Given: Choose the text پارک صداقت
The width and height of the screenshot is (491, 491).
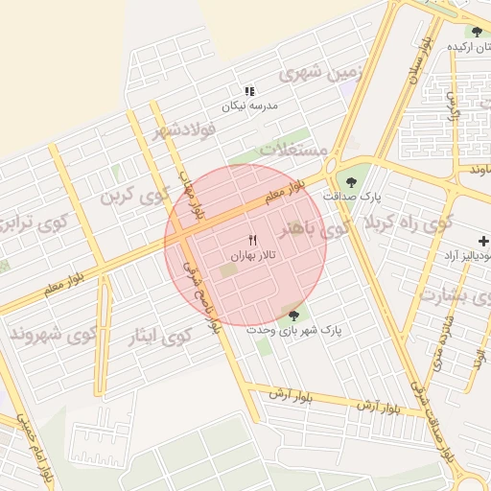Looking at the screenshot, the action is [352, 196].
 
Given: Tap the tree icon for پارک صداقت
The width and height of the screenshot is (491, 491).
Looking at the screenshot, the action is [352, 179].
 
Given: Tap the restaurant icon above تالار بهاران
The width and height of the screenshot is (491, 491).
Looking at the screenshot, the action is [253, 239].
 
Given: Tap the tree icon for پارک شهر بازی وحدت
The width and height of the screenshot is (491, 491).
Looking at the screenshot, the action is [293, 314].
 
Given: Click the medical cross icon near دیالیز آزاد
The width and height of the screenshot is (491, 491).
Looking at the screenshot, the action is [483, 240].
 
